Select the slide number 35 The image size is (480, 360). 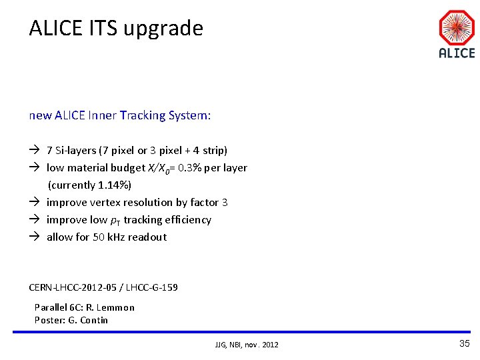click(x=465, y=343)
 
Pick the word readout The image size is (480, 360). click(x=148, y=237)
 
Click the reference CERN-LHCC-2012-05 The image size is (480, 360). click(x=74, y=287)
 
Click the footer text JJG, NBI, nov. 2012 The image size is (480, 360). click(x=247, y=345)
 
